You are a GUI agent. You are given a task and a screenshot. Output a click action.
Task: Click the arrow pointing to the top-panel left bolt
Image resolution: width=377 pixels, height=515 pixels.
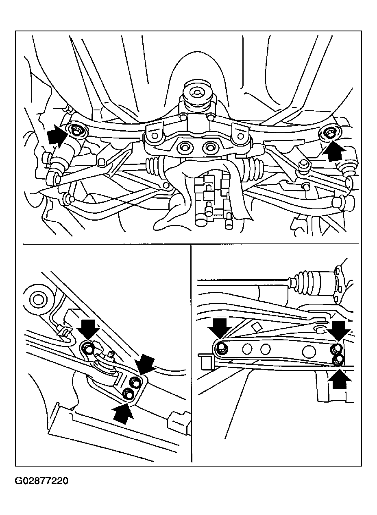(x=57, y=136)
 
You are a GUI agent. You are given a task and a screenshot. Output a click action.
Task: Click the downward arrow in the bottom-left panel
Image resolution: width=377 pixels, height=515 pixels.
(x=88, y=329)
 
